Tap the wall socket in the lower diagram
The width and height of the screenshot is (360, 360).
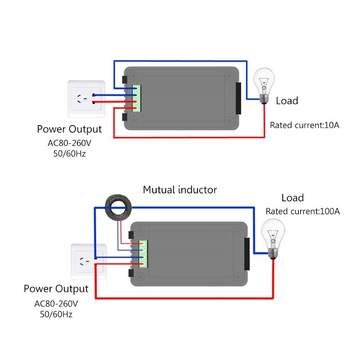tap(89, 261)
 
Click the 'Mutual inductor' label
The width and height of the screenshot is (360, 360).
tap(180, 190)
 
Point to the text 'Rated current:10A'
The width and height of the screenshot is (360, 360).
tap(304, 125)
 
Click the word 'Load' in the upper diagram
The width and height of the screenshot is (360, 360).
tap(287, 101)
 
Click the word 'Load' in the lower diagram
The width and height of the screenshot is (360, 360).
tap(292, 198)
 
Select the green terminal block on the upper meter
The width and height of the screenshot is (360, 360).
tap(136, 98)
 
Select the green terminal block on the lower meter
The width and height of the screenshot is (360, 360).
tap(143, 254)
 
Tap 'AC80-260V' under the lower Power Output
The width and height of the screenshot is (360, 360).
tap(56, 303)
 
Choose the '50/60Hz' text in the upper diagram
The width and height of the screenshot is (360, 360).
tap(69, 153)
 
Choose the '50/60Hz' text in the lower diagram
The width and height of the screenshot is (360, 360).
tap(56, 314)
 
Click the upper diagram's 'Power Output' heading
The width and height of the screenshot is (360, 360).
tap(69, 130)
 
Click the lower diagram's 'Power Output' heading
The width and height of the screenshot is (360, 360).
tap(56, 288)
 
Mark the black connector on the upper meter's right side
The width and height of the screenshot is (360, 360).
tap(238, 98)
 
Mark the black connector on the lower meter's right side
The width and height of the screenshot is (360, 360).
tap(247, 254)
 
